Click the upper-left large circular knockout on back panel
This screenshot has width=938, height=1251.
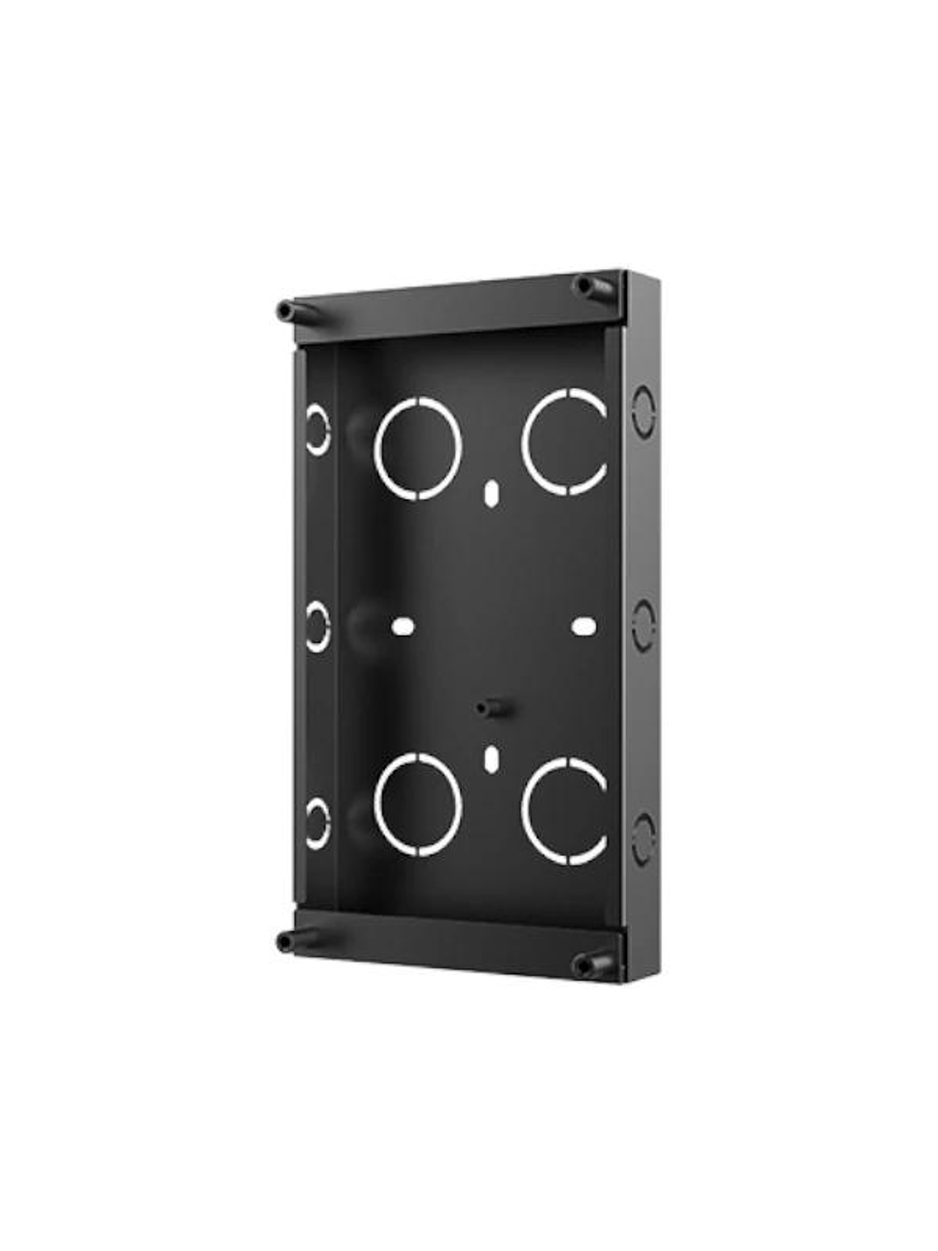pyautogui.click(x=417, y=448)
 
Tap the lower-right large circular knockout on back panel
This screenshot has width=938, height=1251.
pyautogui.click(x=566, y=812)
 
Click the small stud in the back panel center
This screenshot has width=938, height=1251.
pyautogui.click(x=490, y=707)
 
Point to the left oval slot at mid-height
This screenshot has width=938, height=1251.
pyautogui.click(x=402, y=625)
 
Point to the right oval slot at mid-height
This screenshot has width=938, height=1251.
pyautogui.click(x=583, y=625)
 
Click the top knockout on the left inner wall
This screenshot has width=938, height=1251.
pyautogui.click(x=317, y=429)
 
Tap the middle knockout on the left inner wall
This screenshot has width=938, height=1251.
pyautogui.click(x=317, y=626)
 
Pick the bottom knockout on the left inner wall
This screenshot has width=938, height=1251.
pyautogui.click(x=317, y=823)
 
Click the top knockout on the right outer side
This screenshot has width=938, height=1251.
pyautogui.click(x=643, y=411)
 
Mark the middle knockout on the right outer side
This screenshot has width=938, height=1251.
pyautogui.click(x=643, y=625)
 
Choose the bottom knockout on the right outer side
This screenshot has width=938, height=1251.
pyautogui.click(x=643, y=839)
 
